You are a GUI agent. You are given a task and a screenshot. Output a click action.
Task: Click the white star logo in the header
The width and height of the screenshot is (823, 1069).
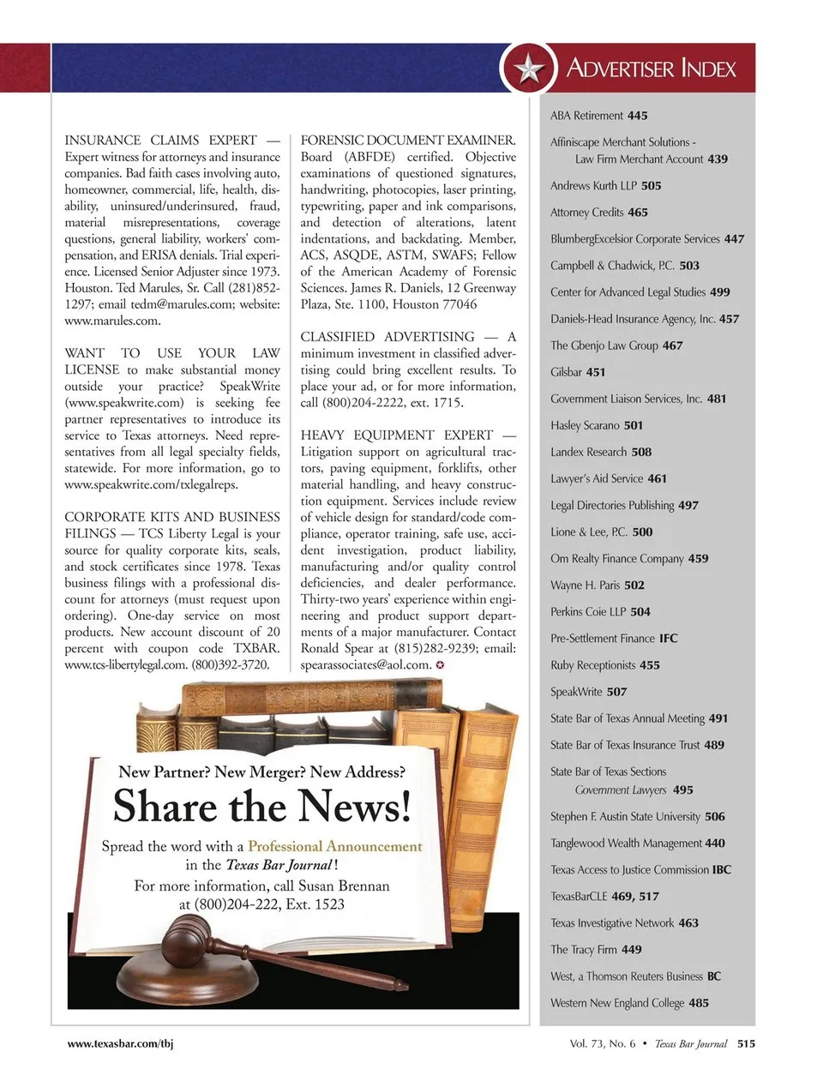point(529,69)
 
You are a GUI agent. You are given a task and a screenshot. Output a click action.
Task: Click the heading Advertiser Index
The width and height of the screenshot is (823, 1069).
point(651,69)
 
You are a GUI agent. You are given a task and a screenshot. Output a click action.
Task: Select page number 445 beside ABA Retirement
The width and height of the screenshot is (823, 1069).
point(637,116)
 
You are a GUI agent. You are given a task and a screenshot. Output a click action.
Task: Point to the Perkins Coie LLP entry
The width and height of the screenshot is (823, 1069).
point(600,612)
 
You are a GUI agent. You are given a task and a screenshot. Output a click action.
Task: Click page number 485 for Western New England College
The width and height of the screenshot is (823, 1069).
point(699,1003)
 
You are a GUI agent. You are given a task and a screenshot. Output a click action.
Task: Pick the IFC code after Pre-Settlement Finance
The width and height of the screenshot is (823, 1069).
point(668,639)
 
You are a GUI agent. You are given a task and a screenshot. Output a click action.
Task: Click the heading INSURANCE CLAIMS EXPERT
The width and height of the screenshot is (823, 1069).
point(161,141)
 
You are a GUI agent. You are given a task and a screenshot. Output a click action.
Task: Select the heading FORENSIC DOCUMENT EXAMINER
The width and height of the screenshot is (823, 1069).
point(408,141)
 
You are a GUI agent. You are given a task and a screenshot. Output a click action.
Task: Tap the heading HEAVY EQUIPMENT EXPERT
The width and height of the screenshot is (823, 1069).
point(397,435)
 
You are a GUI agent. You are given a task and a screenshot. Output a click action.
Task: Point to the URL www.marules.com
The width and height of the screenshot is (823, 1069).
point(112,321)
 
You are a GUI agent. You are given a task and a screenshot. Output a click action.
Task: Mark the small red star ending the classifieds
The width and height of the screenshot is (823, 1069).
point(440,665)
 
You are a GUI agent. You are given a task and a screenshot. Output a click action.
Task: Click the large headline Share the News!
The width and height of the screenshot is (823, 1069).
point(261,807)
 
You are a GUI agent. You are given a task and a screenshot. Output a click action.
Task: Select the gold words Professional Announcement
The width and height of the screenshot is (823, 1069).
point(335,846)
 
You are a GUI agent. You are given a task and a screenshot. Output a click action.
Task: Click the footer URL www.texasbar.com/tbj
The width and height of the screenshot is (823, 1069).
point(121,1043)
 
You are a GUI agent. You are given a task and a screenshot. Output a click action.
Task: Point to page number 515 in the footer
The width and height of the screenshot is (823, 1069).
point(746,1043)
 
